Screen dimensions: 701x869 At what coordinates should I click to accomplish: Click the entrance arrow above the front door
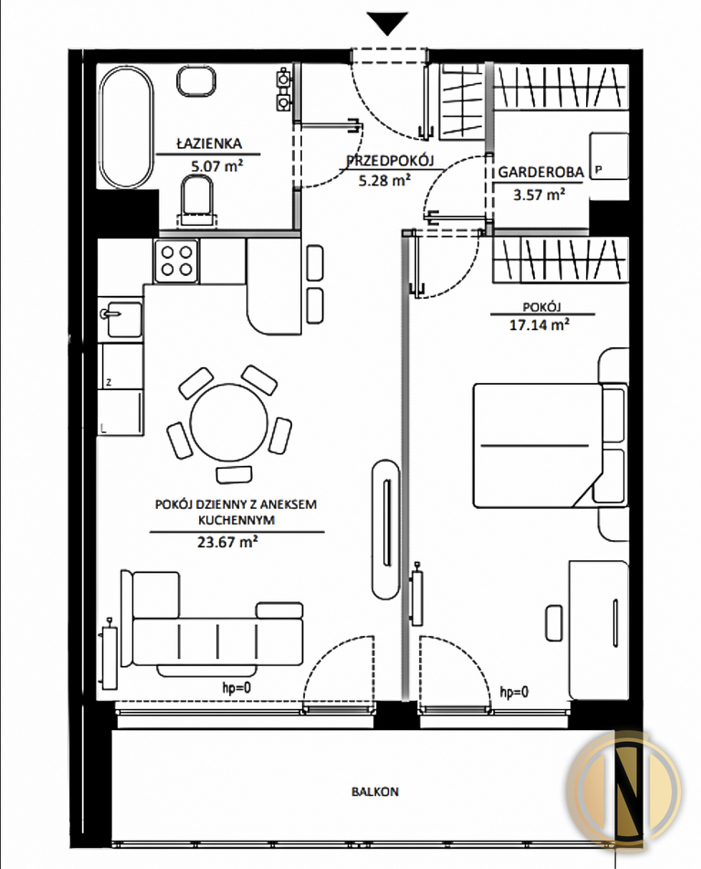coord(387,23)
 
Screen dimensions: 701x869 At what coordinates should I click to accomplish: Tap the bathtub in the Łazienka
coord(126,127)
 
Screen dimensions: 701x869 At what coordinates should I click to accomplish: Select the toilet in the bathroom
coord(196,202)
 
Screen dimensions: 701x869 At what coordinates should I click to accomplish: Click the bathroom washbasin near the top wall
coord(196,80)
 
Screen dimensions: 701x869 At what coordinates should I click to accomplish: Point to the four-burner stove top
coord(176,261)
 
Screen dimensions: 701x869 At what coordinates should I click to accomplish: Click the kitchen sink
coord(120,319)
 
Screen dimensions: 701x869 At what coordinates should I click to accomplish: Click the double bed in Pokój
coord(550,446)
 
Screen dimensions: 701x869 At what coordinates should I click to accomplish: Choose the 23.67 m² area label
coord(227,542)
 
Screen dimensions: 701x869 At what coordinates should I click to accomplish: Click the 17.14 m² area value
coord(539,324)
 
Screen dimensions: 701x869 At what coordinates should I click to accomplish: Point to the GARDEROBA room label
coord(541,172)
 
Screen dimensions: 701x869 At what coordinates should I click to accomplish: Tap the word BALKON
coord(375,791)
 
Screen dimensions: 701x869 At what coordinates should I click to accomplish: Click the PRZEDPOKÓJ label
coord(390,161)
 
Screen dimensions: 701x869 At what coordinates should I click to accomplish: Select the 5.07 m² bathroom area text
coord(217,165)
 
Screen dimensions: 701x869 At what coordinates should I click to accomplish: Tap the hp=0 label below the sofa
coord(236,688)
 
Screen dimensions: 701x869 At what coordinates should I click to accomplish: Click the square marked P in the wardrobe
coord(609,155)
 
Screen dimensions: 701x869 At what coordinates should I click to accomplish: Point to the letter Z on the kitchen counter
coord(110,382)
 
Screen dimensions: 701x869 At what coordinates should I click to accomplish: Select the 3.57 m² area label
coord(539,195)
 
